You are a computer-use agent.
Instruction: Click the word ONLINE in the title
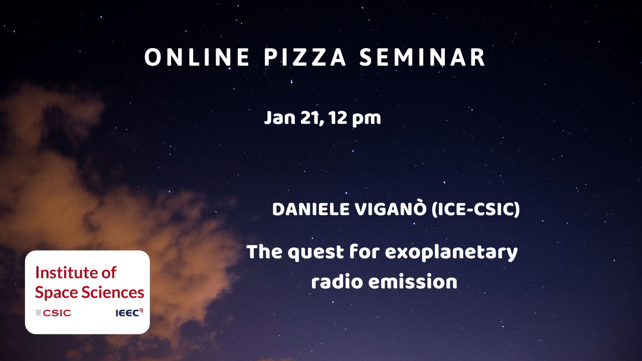click(x=197, y=57)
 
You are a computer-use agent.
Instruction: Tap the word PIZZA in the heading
click(x=305, y=57)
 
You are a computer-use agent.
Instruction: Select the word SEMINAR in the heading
click(x=422, y=57)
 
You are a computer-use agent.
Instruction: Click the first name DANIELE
click(x=311, y=209)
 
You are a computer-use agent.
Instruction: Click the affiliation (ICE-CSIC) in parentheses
click(x=476, y=209)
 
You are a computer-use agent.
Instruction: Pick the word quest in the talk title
click(x=316, y=253)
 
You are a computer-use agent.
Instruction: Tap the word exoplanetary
click(x=451, y=253)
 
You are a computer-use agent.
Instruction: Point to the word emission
click(x=413, y=281)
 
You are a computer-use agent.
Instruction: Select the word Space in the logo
click(x=57, y=293)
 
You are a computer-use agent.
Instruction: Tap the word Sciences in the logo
click(x=113, y=292)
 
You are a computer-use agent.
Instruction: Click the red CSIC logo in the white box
click(x=53, y=313)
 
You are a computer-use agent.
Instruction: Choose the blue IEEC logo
click(x=129, y=312)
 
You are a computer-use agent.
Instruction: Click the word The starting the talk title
click(x=264, y=252)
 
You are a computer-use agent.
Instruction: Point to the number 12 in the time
click(x=338, y=118)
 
